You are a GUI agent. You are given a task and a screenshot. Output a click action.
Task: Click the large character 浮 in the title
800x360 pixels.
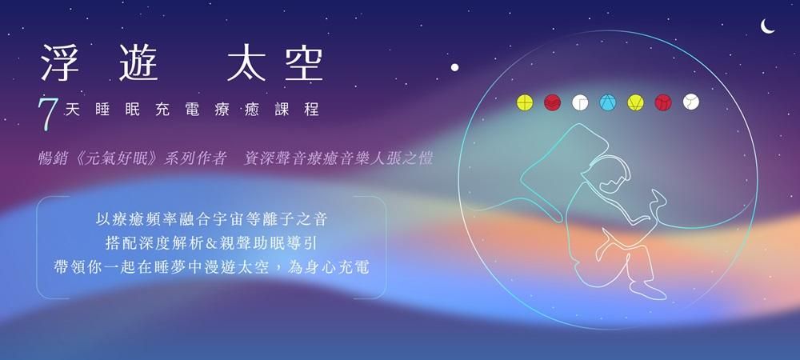click(60, 62)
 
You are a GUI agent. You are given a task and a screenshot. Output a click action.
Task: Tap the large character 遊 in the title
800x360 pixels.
click(138, 62)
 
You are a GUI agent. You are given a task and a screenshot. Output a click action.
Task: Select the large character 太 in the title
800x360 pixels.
click(246, 62)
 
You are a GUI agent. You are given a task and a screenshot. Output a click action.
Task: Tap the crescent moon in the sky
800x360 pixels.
click(767, 26)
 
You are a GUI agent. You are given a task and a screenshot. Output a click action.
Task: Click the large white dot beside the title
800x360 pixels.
click(454, 67)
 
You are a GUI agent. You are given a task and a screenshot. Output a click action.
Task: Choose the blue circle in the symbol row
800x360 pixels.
click(608, 102)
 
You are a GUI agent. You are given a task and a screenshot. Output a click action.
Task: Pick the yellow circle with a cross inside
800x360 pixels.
click(525, 102)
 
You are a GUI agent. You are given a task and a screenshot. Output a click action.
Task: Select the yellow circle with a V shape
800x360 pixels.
click(635, 102)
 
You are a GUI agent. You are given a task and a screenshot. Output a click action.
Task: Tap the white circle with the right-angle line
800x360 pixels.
click(580, 102)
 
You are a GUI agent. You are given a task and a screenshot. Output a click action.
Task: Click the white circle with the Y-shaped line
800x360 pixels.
click(691, 102)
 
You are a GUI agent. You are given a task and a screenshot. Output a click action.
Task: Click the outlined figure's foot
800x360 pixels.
click(647, 292)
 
